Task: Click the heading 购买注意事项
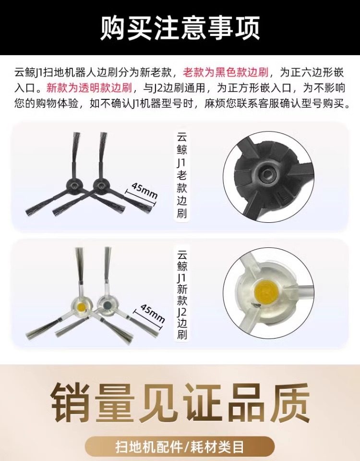pyautogui.click(x=180, y=28)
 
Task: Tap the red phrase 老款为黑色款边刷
pyautogui.click(x=226, y=73)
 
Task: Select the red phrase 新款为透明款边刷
pyautogui.click(x=89, y=88)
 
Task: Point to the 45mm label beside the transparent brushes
pyautogui.click(x=152, y=313)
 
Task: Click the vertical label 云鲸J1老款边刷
pyautogui.click(x=182, y=175)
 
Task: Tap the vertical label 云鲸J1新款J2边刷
pyautogui.click(x=182, y=294)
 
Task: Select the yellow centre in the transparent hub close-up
pyautogui.click(x=267, y=292)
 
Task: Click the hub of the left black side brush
pyautogui.click(x=73, y=186)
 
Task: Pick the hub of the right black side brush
pyautogui.click(x=100, y=186)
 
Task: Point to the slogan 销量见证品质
pyautogui.click(x=180, y=402)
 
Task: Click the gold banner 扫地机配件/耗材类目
pyautogui.click(x=180, y=447)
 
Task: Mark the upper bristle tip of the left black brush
pyautogui.click(x=76, y=134)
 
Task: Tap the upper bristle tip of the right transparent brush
pyautogui.click(x=108, y=249)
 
